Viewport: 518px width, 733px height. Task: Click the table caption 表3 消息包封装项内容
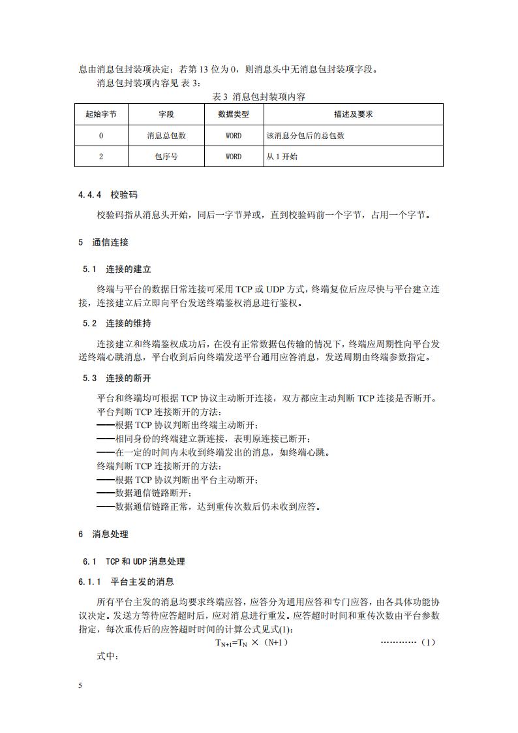259,97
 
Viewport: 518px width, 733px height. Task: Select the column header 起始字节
101,114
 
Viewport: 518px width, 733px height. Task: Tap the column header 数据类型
233,114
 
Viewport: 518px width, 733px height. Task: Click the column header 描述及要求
353,114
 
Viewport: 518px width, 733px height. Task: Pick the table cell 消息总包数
166,136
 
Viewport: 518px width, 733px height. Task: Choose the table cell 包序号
166,157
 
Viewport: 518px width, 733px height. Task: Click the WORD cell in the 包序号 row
233,157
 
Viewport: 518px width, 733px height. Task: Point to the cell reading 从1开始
282,157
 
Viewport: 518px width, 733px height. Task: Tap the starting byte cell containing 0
101,136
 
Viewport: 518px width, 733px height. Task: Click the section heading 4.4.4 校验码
108,195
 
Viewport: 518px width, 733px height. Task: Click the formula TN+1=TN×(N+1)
252,643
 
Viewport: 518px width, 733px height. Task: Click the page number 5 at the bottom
80,686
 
